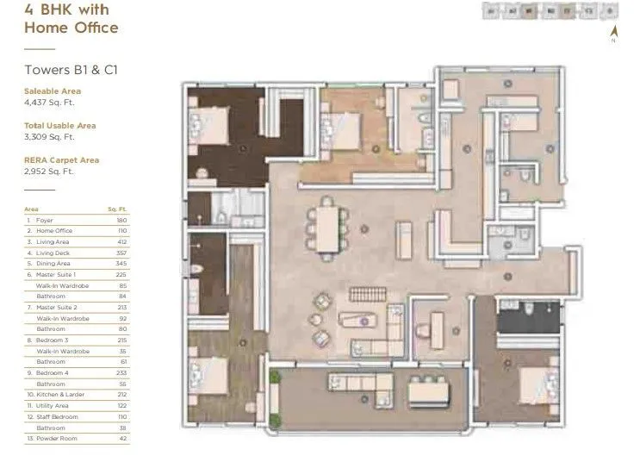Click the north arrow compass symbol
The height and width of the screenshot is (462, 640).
pos(613,33)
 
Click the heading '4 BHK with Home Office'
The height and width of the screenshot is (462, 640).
pos(71,19)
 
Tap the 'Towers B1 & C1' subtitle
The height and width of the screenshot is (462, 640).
pos(71,70)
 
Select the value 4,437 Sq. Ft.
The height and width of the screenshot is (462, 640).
pos(50,103)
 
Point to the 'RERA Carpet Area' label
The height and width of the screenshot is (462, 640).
pos(61,159)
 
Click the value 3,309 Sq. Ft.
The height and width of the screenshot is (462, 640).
pos(50,136)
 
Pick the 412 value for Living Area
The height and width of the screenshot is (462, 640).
pos(121,242)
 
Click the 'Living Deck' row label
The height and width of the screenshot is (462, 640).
pos(51,253)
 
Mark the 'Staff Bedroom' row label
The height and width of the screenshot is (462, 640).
pos(56,417)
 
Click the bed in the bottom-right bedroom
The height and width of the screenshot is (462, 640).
pos(537,377)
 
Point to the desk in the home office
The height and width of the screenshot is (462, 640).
pos(436,329)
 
